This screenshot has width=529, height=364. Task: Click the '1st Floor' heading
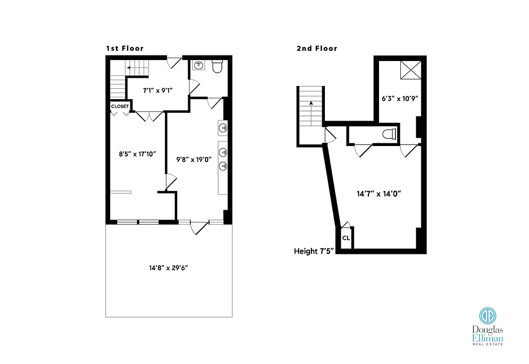click(x=125, y=48)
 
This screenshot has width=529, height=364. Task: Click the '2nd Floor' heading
click(x=317, y=48)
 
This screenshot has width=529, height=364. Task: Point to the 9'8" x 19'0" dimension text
click(x=194, y=159)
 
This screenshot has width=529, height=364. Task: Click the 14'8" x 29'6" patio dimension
click(x=169, y=268)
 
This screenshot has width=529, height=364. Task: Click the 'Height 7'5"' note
click(x=314, y=251)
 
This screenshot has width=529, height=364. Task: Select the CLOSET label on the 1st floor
click(x=120, y=106)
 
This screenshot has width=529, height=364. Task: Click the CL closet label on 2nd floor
click(x=346, y=238)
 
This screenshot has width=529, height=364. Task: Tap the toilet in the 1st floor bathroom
click(x=217, y=66)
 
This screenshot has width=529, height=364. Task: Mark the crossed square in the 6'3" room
click(x=410, y=71)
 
